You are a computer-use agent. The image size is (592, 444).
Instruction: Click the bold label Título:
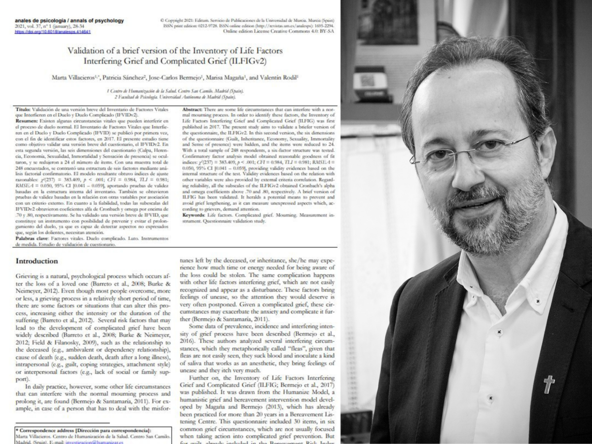tap(26, 108)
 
